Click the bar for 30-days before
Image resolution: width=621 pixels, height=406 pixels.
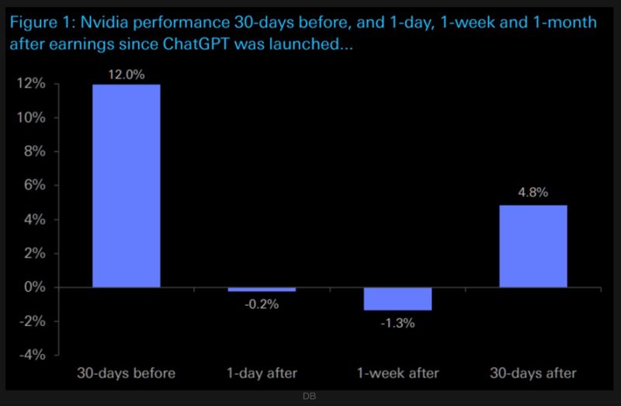(126, 186)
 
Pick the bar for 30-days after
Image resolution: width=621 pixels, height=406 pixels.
(533, 246)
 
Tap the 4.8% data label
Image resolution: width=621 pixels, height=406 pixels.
(533, 192)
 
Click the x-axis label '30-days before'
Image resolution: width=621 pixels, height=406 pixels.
(126, 373)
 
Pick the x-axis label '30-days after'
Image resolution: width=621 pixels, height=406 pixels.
(533, 373)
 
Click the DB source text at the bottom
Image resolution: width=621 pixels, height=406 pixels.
(310, 397)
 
